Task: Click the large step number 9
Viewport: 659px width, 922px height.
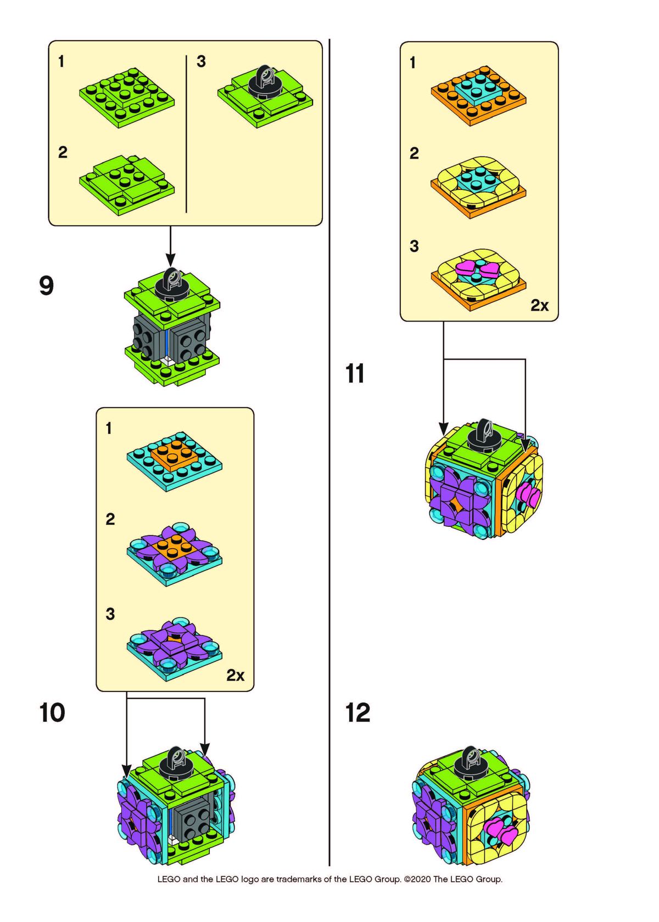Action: (x=47, y=285)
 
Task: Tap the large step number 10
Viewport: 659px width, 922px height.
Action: (x=52, y=712)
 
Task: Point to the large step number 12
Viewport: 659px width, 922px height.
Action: (x=358, y=712)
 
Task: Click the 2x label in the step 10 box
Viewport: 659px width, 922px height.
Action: (x=235, y=675)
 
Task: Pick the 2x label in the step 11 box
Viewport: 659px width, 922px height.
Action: (x=539, y=305)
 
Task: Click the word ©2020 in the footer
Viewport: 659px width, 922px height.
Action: (x=417, y=879)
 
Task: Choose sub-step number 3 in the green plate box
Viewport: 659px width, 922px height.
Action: (x=201, y=61)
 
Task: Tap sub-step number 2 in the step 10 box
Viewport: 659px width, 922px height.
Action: (x=110, y=519)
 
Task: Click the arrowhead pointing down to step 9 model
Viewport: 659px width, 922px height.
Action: (x=170, y=259)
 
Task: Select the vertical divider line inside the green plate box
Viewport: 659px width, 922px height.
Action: (x=186, y=134)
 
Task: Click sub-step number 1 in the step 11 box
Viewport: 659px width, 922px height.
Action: (x=412, y=63)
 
